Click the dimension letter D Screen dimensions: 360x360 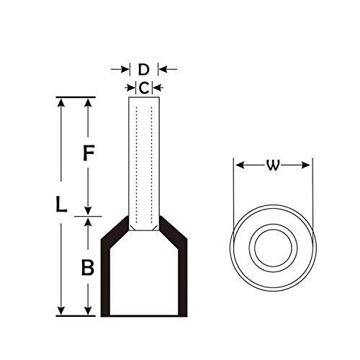point(143,70)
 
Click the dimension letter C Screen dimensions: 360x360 point(144,88)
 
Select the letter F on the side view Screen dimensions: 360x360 point(89,153)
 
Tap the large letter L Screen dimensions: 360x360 point(61,204)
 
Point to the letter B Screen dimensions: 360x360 point(88,267)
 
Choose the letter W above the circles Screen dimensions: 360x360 point(273,166)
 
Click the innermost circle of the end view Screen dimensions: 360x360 point(273,248)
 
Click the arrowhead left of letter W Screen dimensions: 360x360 point(240,165)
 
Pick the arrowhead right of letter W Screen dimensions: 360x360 point(305,165)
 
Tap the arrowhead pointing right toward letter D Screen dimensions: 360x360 point(125,70)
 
